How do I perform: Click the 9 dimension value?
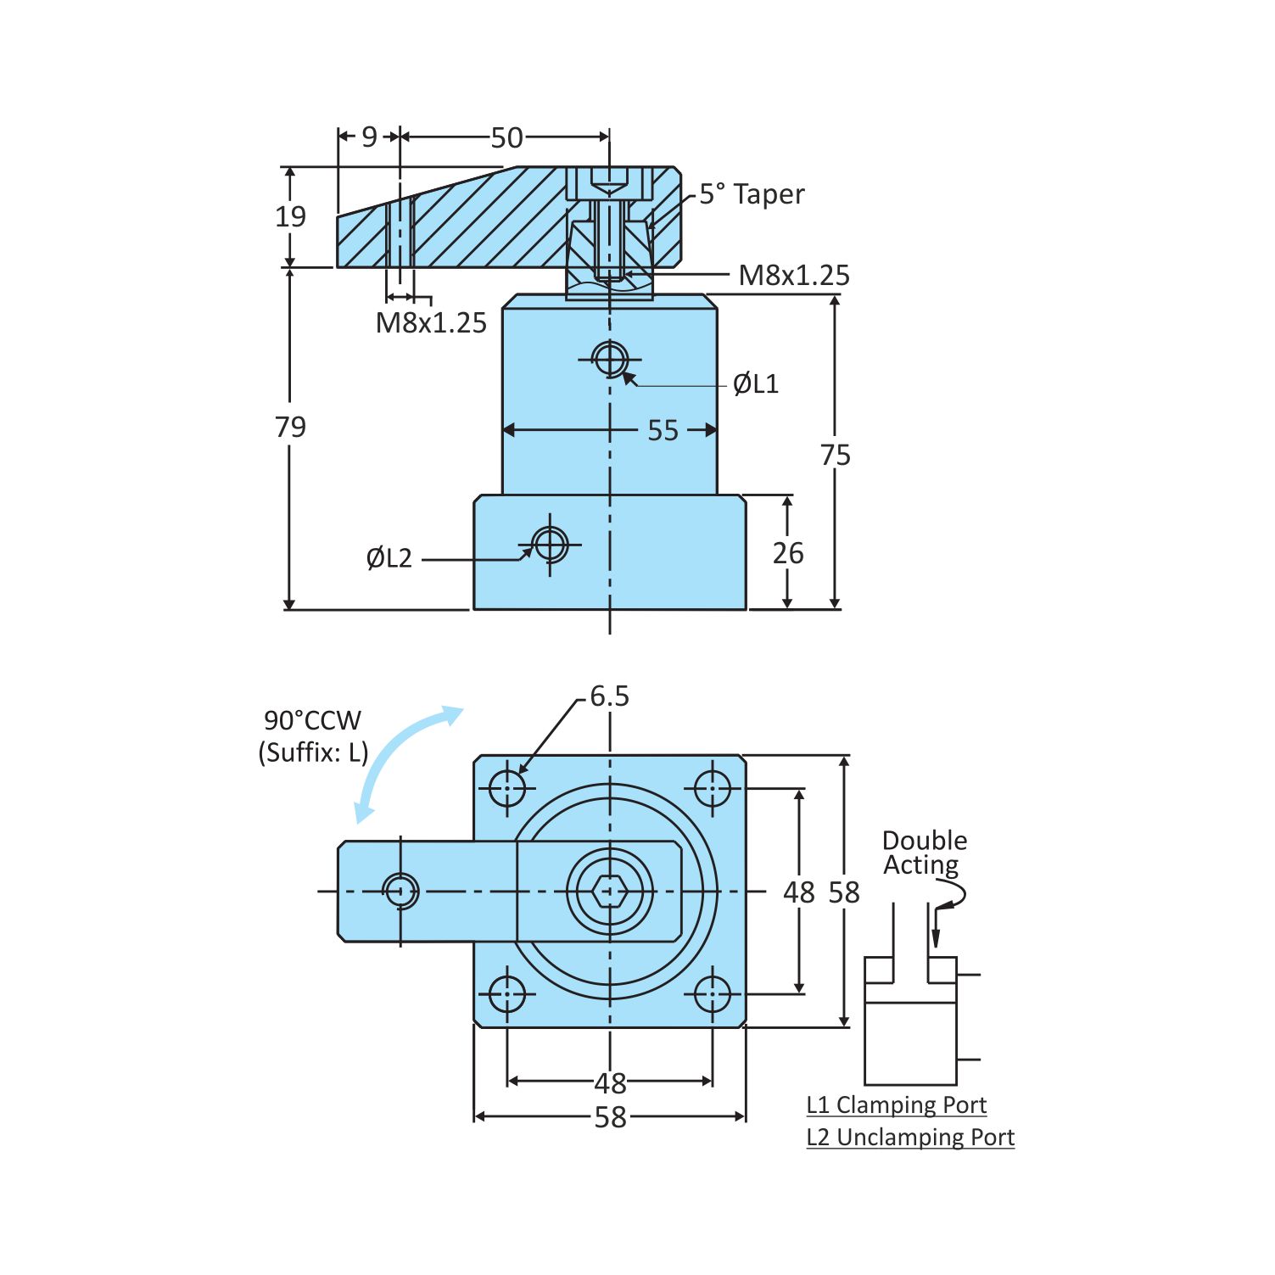pyautogui.click(x=369, y=137)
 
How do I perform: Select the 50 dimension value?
pyautogui.click(x=506, y=137)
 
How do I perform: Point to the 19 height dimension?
pyautogui.click(x=290, y=216)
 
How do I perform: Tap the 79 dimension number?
pyautogui.click(x=290, y=426)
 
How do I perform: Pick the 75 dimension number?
pyautogui.click(x=835, y=455)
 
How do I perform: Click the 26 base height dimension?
pyautogui.click(x=787, y=553)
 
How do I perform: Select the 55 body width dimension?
pyautogui.click(x=663, y=430)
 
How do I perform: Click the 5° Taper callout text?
pyautogui.click(x=751, y=194)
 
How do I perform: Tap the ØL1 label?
pyautogui.click(x=755, y=383)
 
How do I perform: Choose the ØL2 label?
pyautogui.click(x=389, y=558)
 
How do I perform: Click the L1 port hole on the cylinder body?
pyautogui.click(x=610, y=359)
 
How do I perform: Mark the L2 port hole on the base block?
pyautogui.click(x=550, y=544)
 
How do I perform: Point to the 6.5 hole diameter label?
pyautogui.click(x=609, y=696)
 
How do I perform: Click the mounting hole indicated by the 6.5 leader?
pyautogui.click(x=507, y=788)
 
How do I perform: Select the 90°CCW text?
pyautogui.click(x=312, y=720)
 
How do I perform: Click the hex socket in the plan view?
pyautogui.click(x=610, y=892)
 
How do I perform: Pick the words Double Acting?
pyautogui.click(x=924, y=852)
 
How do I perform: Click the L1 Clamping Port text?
pyautogui.click(x=896, y=1104)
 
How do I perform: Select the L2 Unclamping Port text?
pyautogui.click(x=909, y=1137)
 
